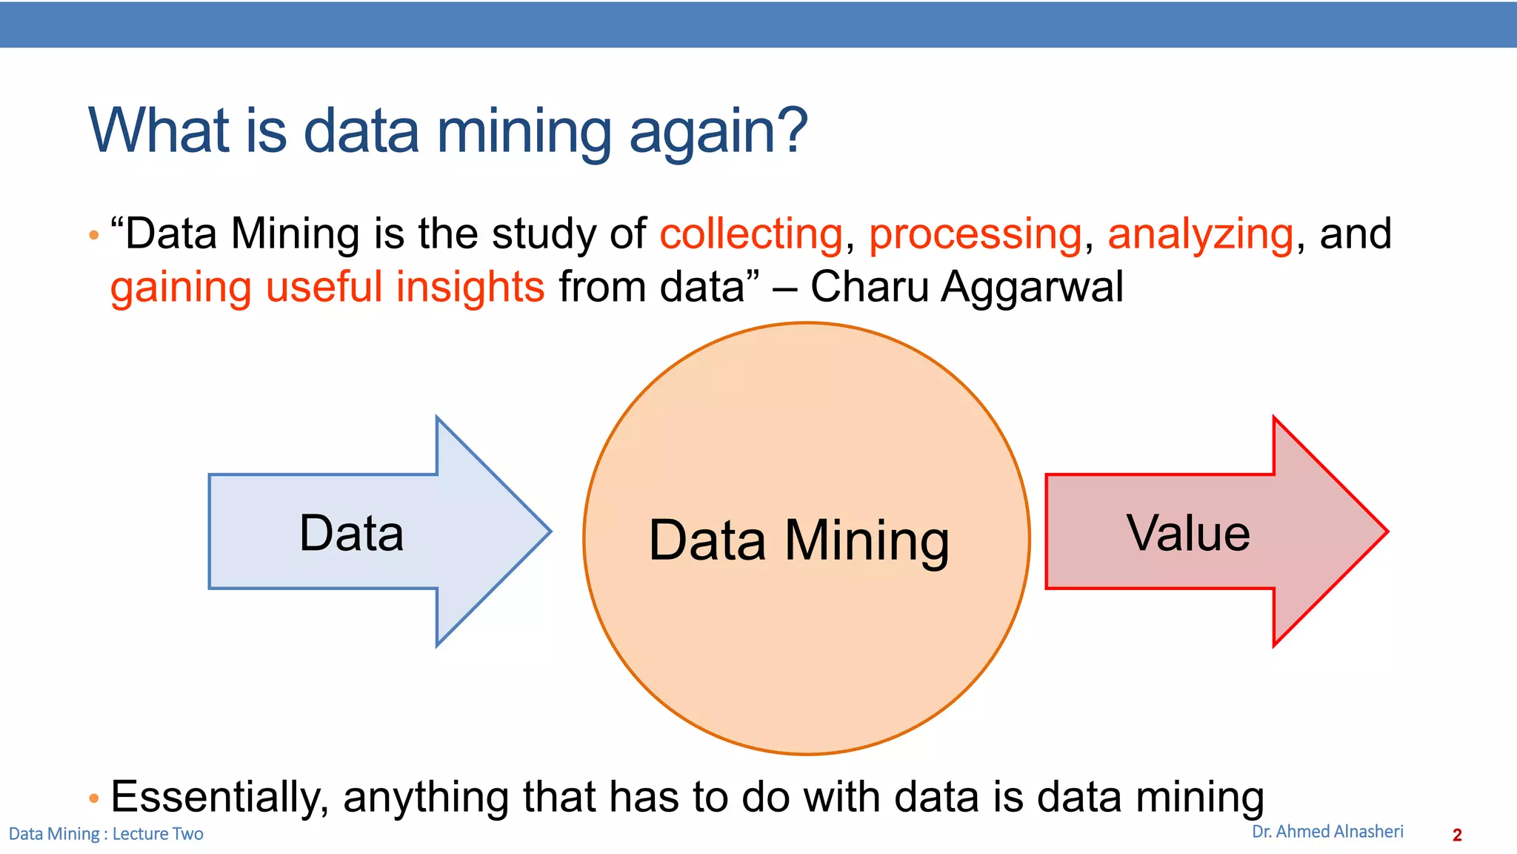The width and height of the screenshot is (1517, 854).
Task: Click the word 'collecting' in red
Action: click(x=751, y=234)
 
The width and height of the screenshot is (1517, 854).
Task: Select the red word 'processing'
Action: click(x=976, y=236)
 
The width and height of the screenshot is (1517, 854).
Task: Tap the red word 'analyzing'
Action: click(x=1201, y=234)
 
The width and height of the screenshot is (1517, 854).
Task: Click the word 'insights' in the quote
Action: click(x=470, y=287)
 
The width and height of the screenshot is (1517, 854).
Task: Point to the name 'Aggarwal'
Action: click(x=1032, y=288)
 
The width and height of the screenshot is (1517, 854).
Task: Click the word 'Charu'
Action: click(x=870, y=287)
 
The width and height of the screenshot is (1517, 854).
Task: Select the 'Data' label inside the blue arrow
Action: click(x=351, y=533)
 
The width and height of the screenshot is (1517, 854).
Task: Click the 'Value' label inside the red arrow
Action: click(x=1188, y=533)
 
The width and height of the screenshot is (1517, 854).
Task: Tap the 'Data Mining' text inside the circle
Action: click(x=798, y=540)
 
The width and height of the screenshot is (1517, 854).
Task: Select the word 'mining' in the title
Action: click(x=524, y=132)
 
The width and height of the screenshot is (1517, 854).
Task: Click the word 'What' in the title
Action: click(x=159, y=130)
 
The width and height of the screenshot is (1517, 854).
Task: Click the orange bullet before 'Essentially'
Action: click(x=93, y=798)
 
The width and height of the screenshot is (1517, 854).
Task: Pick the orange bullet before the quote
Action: click(x=93, y=236)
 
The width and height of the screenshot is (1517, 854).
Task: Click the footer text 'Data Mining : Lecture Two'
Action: click(x=106, y=834)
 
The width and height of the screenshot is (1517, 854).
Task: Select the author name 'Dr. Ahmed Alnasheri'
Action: click(x=1327, y=832)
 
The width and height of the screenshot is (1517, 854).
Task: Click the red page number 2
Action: click(x=1457, y=835)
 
